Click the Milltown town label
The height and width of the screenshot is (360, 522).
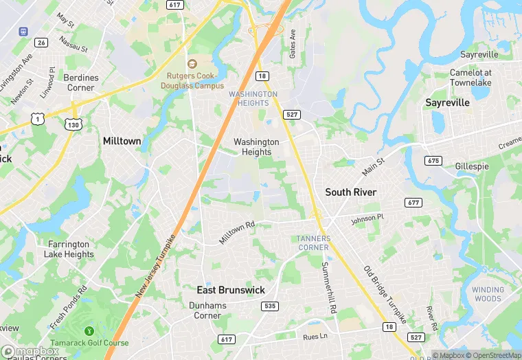point(122,141)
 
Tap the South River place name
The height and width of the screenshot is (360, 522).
point(350,192)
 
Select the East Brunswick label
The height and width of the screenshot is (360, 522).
point(231,290)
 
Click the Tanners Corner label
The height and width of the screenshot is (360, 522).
point(314,243)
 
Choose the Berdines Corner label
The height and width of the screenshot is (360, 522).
point(81,83)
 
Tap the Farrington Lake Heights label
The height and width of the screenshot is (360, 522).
point(69,249)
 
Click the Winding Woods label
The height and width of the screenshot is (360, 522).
point(487,294)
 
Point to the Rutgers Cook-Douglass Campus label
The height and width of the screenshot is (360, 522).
point(194,81)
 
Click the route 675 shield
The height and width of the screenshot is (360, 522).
point(433,161)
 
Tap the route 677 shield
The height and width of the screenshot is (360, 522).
point(413,202)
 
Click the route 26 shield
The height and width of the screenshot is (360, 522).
point(41,43)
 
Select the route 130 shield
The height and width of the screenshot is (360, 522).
point(73,124)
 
